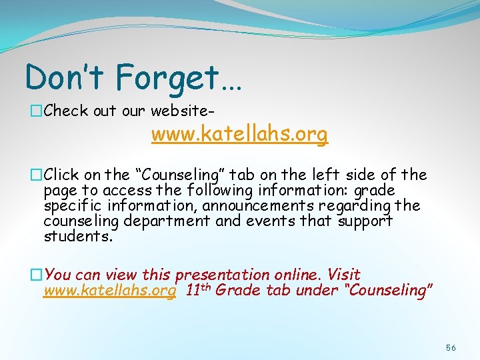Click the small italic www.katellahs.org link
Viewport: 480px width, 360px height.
(109, 290)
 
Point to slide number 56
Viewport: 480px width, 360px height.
(451, 348)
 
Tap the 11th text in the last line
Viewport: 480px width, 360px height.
(199, 290)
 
